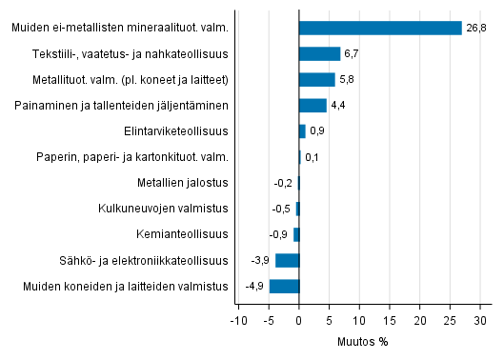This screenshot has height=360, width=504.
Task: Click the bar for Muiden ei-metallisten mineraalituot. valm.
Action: [380, 28]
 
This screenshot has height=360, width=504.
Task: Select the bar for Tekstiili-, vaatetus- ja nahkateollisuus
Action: [319, 53]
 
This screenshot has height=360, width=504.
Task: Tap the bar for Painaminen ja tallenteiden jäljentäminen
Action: [312, 105]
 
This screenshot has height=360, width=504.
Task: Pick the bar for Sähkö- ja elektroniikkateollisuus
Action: [287, 260]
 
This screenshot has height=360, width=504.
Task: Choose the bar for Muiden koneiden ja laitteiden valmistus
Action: [284, 286]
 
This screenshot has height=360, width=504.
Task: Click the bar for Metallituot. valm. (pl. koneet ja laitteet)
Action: [316, 79]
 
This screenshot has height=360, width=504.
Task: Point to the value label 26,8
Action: [476, 28]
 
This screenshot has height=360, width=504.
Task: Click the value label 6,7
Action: [352, 53]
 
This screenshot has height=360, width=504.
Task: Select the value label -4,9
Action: [253, 286]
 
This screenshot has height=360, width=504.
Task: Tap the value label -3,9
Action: [259, 260]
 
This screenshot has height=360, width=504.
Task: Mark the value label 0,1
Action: [312, 157]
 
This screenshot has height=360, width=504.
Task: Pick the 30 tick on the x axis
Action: [479, 319]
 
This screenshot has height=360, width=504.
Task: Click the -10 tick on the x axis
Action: [238, 319]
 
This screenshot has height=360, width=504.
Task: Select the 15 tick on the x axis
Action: [389, 319]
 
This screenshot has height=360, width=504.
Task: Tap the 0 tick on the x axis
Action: [299, 319]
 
